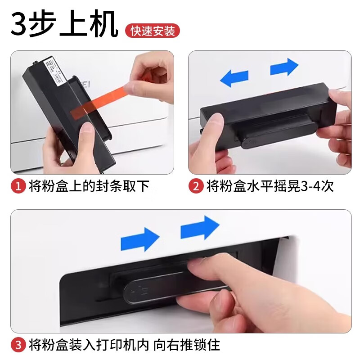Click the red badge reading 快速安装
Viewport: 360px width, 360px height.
click(x=152, y=31)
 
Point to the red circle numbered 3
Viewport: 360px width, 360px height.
click(x=18, y=346)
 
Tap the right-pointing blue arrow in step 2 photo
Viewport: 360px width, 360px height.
click(x=284, y=67)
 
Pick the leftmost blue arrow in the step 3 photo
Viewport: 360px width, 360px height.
click(x=140, y=239)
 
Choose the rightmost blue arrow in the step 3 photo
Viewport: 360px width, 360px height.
click(x=199, y=228)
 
